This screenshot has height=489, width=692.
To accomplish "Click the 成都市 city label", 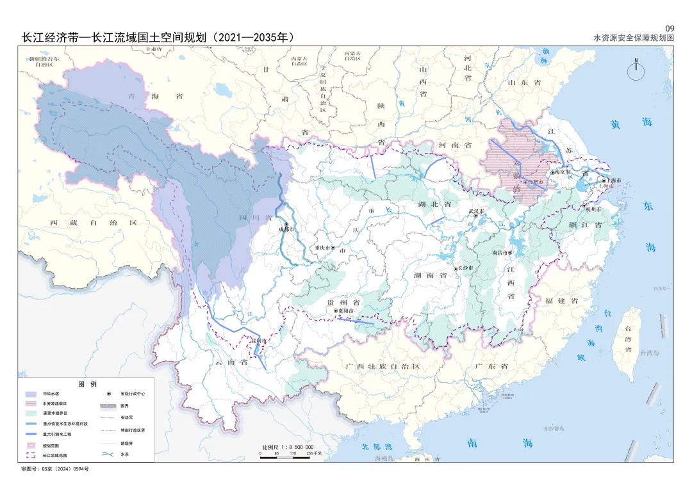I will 286,230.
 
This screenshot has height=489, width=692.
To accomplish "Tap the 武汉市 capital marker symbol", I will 476,216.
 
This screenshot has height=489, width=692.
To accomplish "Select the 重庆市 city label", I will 320,248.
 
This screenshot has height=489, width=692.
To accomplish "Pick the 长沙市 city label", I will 466,268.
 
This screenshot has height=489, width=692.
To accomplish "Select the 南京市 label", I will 563,172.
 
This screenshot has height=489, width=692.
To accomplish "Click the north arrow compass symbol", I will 636,70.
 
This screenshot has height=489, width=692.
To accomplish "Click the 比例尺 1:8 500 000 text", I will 288,447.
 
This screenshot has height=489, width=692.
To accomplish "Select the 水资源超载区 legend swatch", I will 30,404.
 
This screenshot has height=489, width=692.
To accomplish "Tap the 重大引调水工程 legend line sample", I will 30,434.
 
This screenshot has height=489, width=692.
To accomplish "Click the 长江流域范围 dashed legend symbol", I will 30,455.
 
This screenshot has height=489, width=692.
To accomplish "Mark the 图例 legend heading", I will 86,384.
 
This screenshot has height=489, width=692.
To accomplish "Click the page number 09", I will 670,28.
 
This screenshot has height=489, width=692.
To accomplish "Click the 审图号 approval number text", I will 54,469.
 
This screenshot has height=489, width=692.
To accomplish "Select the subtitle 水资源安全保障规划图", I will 634,38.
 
